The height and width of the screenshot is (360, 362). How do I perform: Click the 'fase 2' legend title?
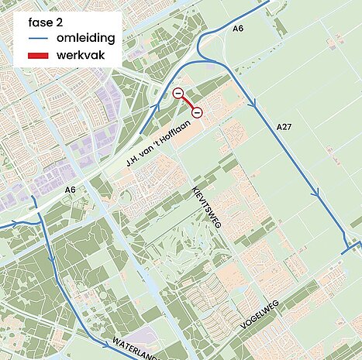(45, 21)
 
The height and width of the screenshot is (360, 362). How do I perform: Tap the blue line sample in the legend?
(37, 38)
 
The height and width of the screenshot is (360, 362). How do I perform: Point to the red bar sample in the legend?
(37, 56)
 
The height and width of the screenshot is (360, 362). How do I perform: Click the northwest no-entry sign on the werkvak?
(178, 94)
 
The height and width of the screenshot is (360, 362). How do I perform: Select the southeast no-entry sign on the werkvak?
(197, 112)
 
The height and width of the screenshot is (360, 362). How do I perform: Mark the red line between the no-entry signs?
(188, 103)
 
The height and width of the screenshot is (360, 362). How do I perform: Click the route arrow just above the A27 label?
(253, 103)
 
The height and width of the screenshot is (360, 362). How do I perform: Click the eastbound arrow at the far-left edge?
(14, 225)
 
